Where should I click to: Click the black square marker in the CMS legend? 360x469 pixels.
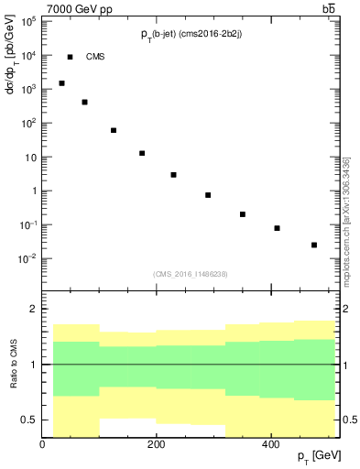coord(70,57)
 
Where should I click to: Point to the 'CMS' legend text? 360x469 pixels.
coord(95,57)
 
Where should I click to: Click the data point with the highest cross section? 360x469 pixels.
coord(61,83)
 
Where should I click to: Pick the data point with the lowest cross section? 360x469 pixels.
coord(314,245)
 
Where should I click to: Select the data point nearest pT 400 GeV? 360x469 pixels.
coord(277,228)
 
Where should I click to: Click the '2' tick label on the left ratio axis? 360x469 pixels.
coord(33,310)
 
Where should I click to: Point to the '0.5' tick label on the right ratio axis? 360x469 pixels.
coord(348,420)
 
